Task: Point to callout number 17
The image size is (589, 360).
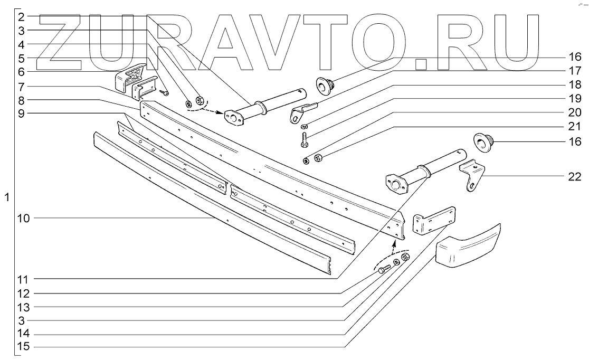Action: [x=574, y=70]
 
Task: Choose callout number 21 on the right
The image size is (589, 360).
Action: [x=574, y=127]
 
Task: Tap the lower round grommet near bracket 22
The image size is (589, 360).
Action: [x=482, y=141]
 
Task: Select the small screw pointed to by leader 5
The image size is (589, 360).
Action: [x=165, y=93]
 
